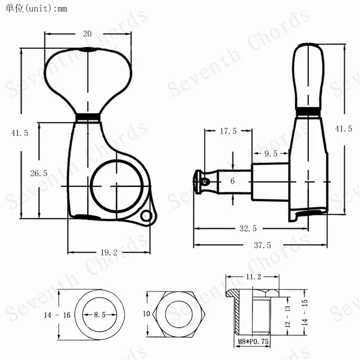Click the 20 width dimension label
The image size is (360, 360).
[87, 34]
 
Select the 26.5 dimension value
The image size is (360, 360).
[39, 173]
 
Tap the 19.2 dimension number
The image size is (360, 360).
[109, 252]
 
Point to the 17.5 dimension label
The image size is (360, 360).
[228, 131]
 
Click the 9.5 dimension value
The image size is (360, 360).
[271, 153]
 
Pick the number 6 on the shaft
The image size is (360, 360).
[233, 181]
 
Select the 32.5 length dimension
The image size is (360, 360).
[248, 229]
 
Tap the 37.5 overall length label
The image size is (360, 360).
[262, 245]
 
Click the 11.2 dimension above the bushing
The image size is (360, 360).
[253, 277]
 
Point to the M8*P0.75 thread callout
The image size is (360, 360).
[253, 342]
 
